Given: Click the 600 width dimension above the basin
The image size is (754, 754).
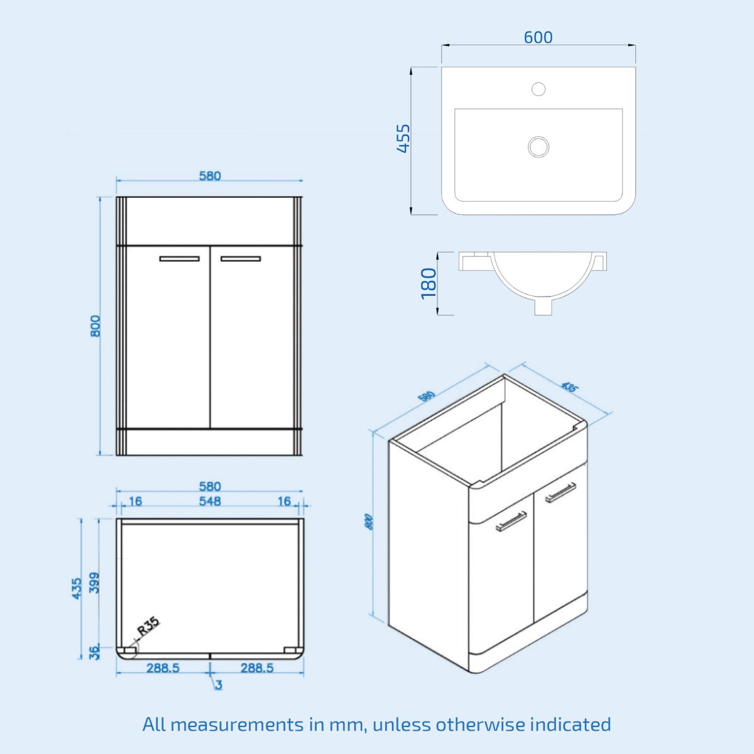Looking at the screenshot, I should [x=538, y=38].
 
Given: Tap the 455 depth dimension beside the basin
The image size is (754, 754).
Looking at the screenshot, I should [x=403, y=138].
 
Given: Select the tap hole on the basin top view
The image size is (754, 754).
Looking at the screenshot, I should [x=538, y=89].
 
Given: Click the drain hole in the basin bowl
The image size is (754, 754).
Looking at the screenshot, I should [x=538, y=147].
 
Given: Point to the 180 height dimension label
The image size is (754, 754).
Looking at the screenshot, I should [x=429, y=283].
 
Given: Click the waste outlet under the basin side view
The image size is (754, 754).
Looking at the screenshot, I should [x=543, y=307].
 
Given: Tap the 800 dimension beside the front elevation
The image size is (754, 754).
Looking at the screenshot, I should [x=95, y=326].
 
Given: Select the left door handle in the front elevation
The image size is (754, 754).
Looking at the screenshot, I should [x=179, y=258].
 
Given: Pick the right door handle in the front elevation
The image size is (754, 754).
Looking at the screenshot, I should [x=240, y=258].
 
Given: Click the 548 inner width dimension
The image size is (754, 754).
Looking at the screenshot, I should [x=210, y=501].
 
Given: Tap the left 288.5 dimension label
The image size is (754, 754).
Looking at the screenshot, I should [x=163, y=669].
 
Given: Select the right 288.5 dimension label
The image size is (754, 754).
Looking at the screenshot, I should [x=256, y=669].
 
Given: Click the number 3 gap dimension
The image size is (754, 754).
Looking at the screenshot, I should [x=219, y=685].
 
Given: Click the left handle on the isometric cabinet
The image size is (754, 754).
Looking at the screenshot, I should [x=511, y=521].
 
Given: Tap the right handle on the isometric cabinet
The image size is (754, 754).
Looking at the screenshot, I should [x=560, y=492].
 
